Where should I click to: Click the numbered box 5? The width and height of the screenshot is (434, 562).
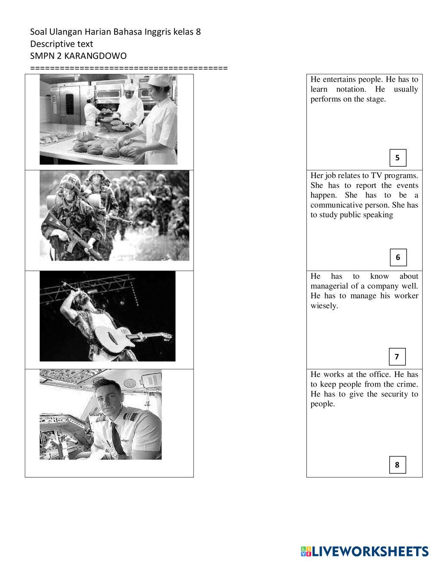click(398, 158)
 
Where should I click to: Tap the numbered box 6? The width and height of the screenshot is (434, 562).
click(398, 258)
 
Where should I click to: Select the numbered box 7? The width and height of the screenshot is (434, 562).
click(397, 357)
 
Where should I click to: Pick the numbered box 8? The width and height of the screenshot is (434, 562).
click(397, 465)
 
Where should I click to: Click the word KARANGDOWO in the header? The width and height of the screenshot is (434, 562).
click(95, 56)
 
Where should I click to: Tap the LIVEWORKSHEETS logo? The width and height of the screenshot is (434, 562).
click(365, 551)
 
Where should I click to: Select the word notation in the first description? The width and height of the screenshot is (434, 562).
click(351, 89)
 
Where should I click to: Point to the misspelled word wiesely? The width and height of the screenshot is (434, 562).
click(324, 306)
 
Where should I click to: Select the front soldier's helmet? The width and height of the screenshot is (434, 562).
click(70, 181)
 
